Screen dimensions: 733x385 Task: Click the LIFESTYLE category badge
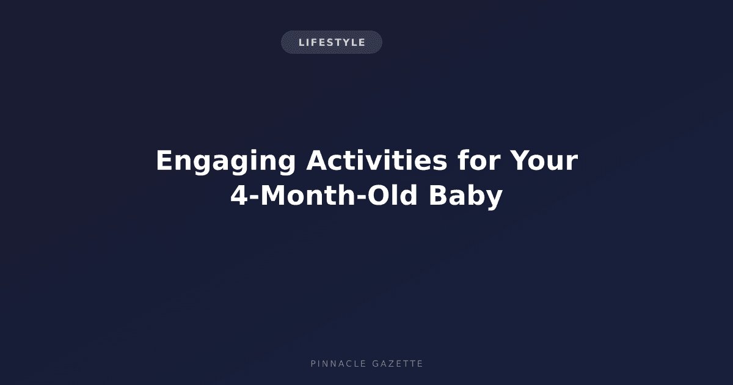coord(332,42)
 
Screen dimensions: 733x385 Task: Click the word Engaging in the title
coord(226,161)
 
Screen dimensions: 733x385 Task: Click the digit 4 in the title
coord(240,196)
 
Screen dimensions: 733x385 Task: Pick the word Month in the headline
coord(308,195)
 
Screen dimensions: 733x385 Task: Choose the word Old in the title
coord(392,195)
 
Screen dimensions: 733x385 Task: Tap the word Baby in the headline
coord(465,196)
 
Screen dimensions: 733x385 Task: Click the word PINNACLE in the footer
coord(338,364)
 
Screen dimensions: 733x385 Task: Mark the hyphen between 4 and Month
coord(255,197)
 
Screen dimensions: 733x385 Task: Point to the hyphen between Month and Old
coord(361,197)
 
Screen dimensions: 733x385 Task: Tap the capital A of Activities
coord(318,160)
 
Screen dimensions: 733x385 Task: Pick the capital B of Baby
coord(439,196)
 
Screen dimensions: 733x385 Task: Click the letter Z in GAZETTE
coord(390,364)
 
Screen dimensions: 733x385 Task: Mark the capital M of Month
coord(274,196)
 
